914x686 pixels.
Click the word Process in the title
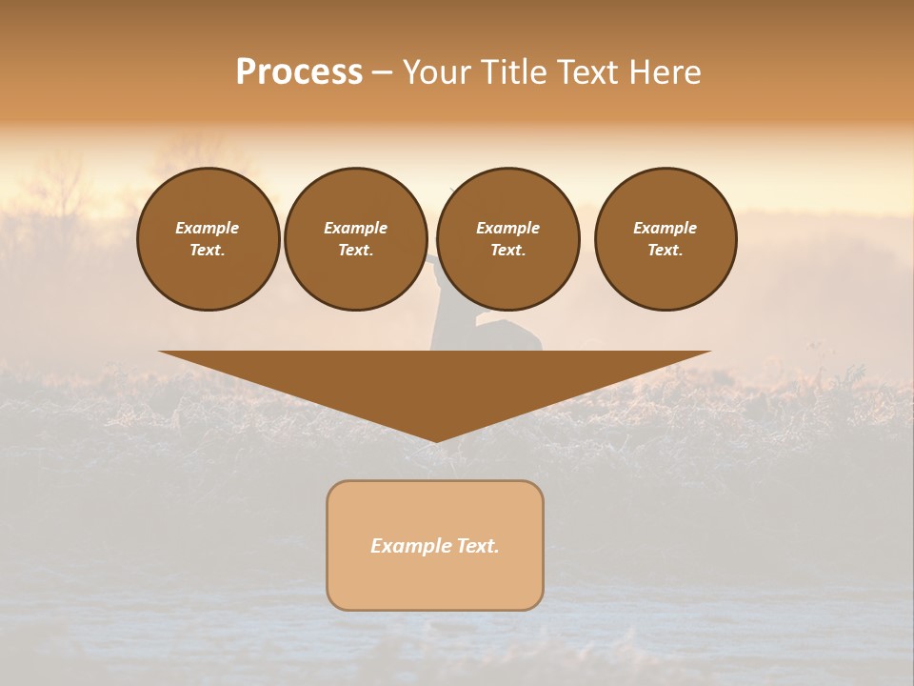[299, 72]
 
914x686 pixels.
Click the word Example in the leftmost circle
[208, 228]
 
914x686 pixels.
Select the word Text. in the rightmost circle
[666, 251]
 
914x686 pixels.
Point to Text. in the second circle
[356, 251]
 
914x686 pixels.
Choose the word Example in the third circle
[508, 228]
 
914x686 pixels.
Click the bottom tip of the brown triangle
[436, 439]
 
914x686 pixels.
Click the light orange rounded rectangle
[435, 581]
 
